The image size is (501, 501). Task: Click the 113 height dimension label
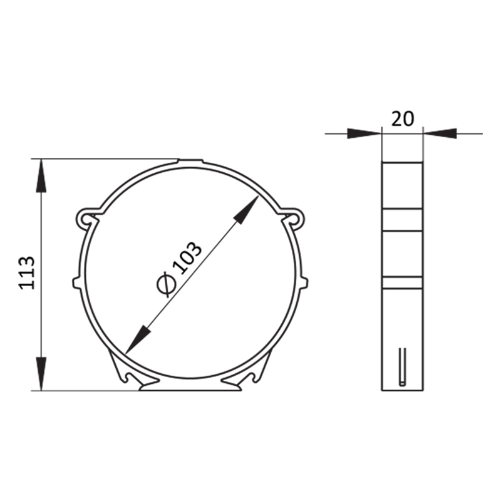pyautogui.click(x=27, y=273)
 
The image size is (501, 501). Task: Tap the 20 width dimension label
pyautogui.click(x=403, y=119)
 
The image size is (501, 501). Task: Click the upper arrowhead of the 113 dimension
pyautogui.click(x=41, y=176)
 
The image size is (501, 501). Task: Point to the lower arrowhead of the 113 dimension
pyautogui.click(x=41, y=374)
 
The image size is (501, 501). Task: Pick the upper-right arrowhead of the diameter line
pyautogui.click(x=247, y=209)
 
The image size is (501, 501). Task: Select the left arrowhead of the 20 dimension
pyautogui.click(x=364, y=133)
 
